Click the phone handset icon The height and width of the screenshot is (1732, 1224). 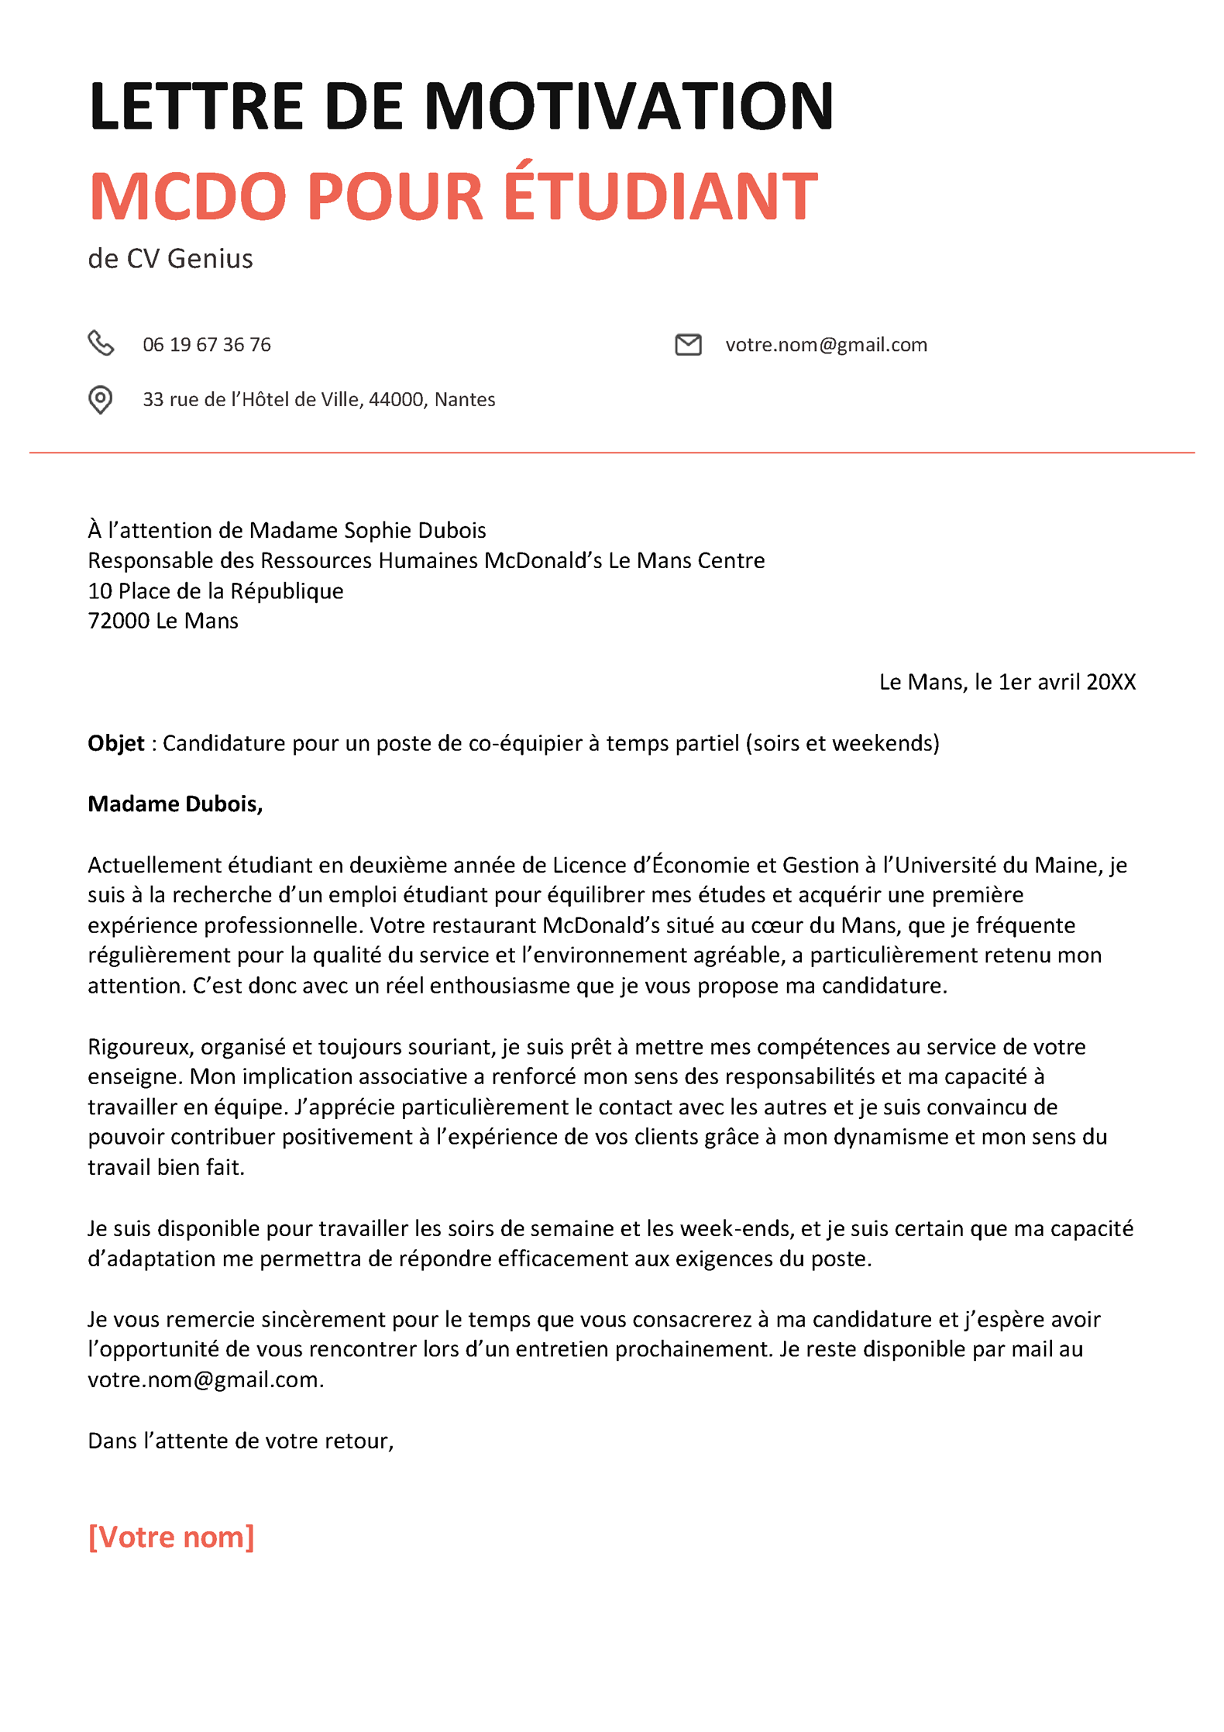(101, 343)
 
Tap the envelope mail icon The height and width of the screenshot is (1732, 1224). (688, 344)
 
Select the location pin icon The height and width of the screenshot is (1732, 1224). (100, 400)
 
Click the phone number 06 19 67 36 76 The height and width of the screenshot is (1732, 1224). (207, 345)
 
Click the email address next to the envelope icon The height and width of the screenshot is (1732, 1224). (826, 345)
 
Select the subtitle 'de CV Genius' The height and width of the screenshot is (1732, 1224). (170, 259)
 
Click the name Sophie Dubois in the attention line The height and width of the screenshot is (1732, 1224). (414, 530)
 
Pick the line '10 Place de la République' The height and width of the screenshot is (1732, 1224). (215, 591)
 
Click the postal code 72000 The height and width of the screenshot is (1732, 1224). (119, 622)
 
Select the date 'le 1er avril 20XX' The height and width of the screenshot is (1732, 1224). (1054, 682)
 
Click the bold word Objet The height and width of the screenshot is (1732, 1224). (116, 743)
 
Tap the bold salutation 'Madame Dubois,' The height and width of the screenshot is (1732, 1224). (175, 804)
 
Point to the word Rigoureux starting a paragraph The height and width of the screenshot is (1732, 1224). (140, 1047)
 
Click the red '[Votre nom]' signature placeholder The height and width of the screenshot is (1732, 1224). (171, 1537)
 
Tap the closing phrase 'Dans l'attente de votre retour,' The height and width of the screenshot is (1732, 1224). (241, 1441)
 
